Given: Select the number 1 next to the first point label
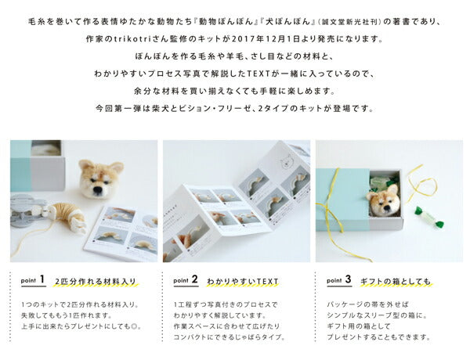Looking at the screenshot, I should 42,278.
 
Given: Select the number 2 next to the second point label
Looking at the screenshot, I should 193,278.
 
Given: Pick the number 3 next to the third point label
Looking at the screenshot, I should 347,278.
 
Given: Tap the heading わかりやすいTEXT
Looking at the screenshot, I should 243,280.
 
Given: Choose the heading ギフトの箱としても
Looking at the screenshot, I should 395,280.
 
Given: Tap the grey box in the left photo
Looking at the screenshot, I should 38,167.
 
